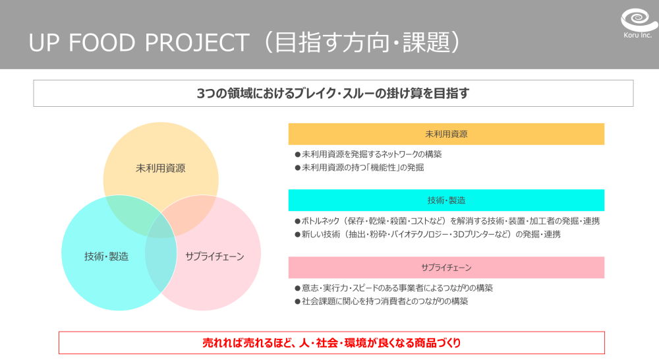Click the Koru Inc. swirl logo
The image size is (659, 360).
click(x=638, y=20)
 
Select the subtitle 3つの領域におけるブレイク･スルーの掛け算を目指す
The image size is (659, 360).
click(x=333, y=94)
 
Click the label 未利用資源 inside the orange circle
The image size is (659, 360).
click(x=161, y=168)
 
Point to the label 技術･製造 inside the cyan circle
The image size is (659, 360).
click(x=106, y=256)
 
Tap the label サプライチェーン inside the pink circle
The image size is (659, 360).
click(x=215, y=256)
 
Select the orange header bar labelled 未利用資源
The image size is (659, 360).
click(x=446, y=134)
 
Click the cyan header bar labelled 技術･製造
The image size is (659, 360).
click(x=446, y=200)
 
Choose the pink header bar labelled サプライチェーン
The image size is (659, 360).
click(x=446, y=268)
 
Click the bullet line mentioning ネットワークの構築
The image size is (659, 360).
click(x=368, y=154)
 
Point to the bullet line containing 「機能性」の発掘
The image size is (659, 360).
click(x=359, y=167)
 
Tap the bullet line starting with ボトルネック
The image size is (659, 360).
click(x=447, y=221)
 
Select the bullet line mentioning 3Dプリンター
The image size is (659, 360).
click(x=428, y=234)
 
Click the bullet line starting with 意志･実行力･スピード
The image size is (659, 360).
click(x=394, y=288)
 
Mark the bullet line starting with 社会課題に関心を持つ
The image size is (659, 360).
click(x=381, y=301)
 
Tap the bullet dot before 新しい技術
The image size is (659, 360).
click(x=298, y=234)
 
